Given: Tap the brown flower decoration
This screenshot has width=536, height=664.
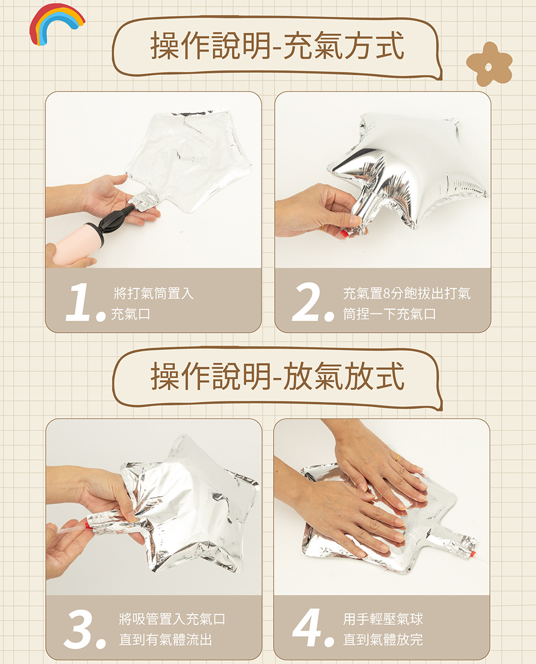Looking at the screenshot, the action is click(490, 64).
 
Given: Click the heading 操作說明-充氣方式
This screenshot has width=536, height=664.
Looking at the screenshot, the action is click(277, 46).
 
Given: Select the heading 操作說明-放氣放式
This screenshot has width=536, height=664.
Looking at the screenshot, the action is click(277, 376).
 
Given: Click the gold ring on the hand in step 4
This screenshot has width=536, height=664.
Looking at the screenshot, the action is click(398, 458).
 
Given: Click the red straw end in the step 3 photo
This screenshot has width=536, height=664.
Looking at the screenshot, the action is click(88, 526).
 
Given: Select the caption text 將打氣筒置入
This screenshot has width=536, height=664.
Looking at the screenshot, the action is click(154, 293).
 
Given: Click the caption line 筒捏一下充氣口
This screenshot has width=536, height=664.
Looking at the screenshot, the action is click(389, 314).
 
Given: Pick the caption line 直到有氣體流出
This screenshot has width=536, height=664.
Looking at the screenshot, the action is click(165, 639).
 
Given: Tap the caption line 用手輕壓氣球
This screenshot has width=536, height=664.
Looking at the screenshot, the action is click(383, 619).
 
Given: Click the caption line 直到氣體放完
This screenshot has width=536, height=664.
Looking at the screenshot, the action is click(383, 639).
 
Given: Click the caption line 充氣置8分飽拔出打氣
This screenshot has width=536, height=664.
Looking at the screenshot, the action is click(407, 293).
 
